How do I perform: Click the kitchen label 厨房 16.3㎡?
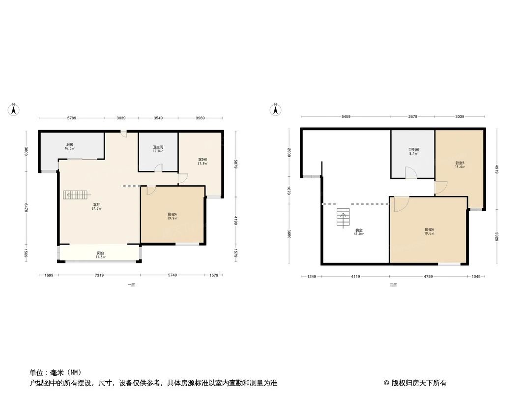point(69,146)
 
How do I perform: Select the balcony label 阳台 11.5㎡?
point(100,255)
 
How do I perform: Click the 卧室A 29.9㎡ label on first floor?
point(172,216)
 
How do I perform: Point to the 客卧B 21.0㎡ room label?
point(203,161)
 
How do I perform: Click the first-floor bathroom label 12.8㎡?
point(158,149)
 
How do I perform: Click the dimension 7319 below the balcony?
point(99,276)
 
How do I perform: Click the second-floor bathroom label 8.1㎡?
point(413,152)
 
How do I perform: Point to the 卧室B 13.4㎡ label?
point(460,165)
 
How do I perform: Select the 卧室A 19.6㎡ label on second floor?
point(430,231)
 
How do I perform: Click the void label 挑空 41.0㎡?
point(359,232)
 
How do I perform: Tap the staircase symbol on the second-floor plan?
point(343,218)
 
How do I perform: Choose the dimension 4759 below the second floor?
point(428,277)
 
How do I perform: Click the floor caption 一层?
point(131,285)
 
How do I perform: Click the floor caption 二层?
point(393,285)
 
